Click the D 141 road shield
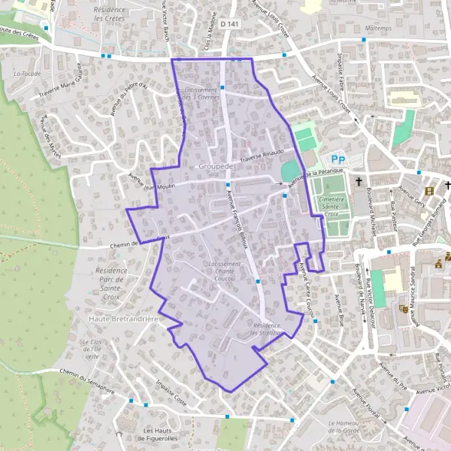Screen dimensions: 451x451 (x=229, y=25)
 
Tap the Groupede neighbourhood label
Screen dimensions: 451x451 (x=218, y=165)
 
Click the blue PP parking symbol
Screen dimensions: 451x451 (x=337, y=159)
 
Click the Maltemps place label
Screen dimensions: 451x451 (x=378, y=28)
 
